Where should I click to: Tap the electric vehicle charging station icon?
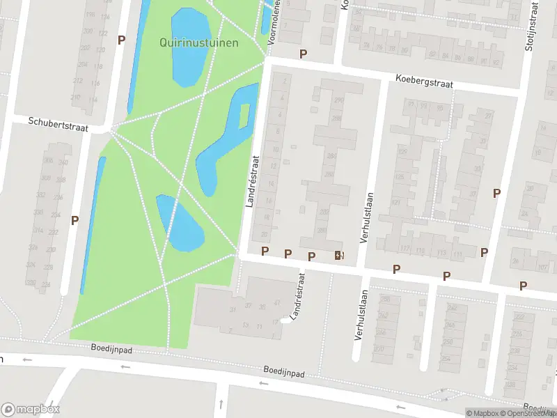(339, 255)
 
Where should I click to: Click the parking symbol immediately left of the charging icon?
(311, 256)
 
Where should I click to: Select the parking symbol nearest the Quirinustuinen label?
(121, 40)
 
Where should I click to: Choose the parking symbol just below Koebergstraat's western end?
(303, 54)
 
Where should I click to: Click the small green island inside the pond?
(244, 116)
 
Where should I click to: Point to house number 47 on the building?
(277, 303)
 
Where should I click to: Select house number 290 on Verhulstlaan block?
(339, 101)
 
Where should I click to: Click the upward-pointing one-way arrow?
(220, 404)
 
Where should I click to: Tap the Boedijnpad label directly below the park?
(111, 346)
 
